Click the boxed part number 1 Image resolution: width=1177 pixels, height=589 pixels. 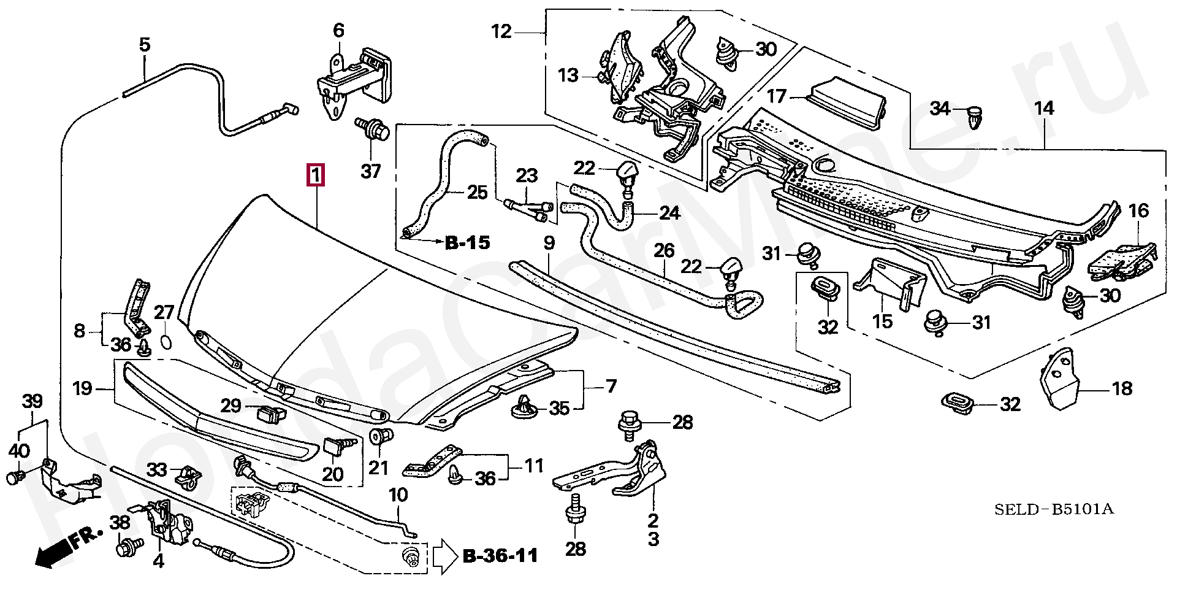315,176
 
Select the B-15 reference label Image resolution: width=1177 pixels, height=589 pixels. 467,244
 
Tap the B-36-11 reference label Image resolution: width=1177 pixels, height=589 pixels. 501,556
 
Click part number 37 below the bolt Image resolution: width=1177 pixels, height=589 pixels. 370,171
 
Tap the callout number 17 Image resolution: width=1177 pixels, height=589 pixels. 777,96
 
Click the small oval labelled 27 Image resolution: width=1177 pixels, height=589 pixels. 166,341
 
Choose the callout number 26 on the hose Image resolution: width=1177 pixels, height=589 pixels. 664,251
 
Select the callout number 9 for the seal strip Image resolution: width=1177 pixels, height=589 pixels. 549,243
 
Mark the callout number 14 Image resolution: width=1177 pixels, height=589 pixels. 1044,109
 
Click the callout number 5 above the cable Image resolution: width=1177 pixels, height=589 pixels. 144,44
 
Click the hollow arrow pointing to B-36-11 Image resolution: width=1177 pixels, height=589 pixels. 445,556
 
